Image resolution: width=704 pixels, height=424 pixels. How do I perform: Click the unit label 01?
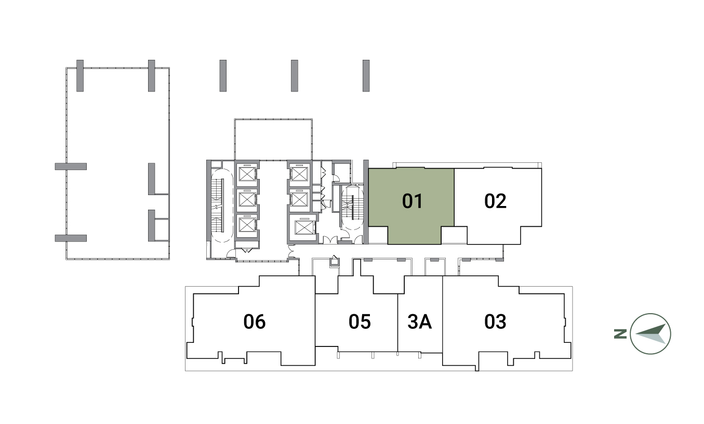413,201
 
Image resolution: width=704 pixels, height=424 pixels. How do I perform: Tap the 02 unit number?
495,201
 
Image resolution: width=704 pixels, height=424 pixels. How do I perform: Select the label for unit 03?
495,322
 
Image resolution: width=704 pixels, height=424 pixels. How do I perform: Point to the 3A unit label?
420,322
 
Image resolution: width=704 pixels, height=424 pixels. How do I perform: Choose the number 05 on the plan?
360,322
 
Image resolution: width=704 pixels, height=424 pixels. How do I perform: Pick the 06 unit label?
255,322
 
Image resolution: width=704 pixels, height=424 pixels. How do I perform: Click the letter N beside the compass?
620,334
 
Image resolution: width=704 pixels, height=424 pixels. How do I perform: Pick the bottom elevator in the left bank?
247,225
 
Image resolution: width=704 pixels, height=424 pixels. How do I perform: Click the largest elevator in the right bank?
304,227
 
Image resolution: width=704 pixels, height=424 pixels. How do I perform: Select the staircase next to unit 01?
352,208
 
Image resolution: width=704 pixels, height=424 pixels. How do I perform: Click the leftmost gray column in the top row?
80,75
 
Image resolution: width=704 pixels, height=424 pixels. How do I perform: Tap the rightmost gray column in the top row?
366,75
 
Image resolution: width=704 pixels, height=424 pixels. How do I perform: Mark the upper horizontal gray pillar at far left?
71,166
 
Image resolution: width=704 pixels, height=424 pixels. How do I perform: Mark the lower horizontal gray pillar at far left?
71,238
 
